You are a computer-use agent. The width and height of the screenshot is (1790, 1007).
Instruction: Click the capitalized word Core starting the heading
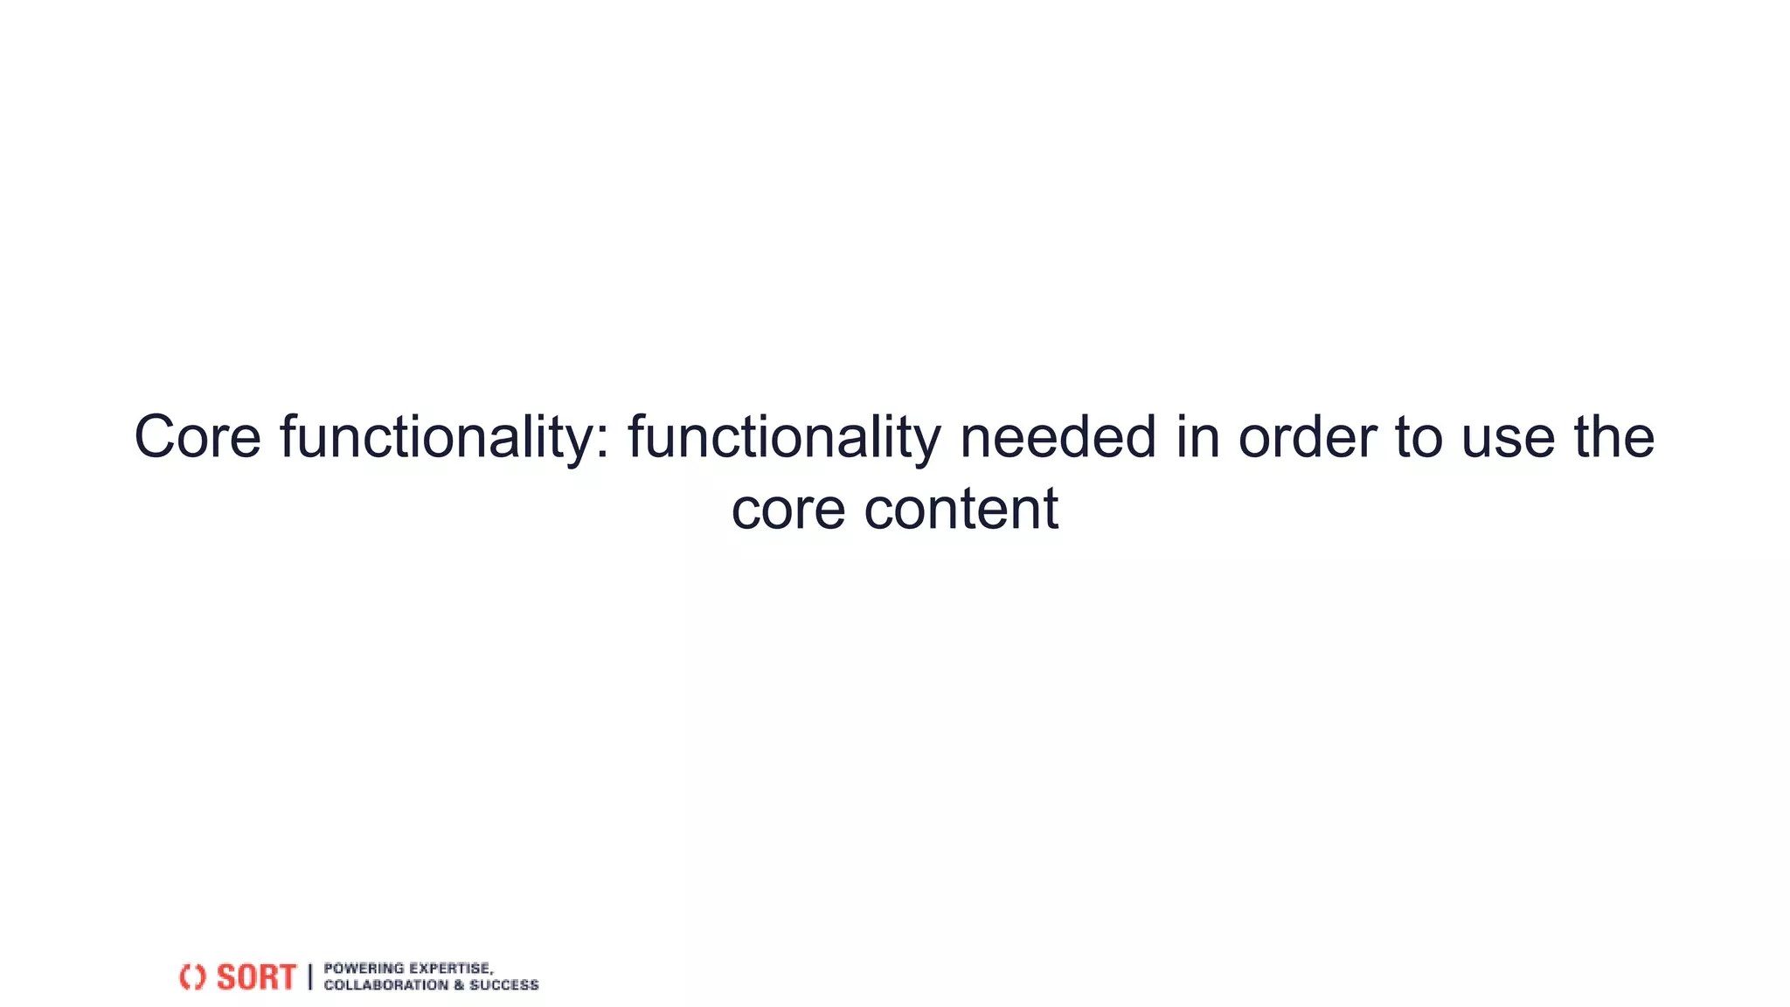point(198,437)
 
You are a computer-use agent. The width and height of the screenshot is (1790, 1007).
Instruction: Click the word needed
point(1058,437)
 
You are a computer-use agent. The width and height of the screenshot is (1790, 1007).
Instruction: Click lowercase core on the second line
point(787,510)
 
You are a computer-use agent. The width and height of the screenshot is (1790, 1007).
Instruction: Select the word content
point(961,508)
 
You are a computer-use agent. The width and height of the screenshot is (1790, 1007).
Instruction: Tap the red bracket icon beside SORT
point(192,977)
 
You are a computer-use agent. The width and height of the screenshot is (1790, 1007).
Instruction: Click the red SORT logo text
point(256,977)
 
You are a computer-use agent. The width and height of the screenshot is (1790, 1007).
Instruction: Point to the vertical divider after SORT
point(309,977)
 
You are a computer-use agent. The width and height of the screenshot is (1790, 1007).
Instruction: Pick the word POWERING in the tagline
point(364,969)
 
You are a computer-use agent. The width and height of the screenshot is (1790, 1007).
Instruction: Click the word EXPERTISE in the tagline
point(451,969)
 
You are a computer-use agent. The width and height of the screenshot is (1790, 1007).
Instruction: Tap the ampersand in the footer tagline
point(458,985)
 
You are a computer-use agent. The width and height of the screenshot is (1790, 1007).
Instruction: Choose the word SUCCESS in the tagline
point(504,985)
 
